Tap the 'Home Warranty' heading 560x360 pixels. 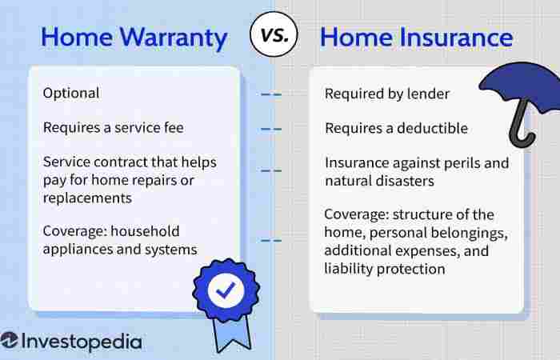134,37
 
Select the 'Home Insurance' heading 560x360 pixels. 416,37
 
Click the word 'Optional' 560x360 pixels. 71,93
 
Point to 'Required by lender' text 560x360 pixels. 386,94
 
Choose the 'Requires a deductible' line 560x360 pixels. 396,128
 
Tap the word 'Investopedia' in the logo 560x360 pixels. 82,342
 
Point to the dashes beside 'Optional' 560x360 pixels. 272,94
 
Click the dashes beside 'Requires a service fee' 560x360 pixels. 272,128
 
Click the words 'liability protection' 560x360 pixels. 384,269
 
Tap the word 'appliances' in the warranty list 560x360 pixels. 78,250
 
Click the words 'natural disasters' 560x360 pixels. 379,181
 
